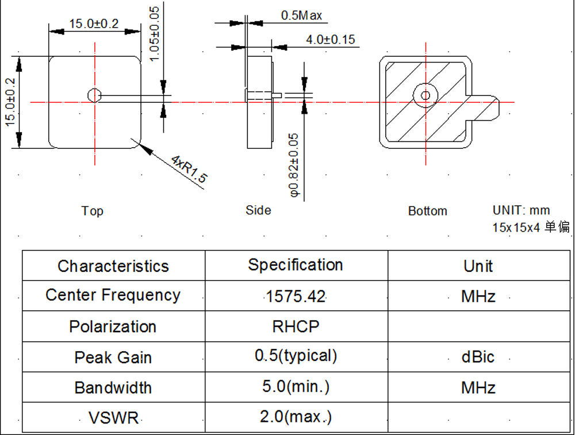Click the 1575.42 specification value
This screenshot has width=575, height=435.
296,297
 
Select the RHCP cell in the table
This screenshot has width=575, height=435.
296,326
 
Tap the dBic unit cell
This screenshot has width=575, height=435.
478,357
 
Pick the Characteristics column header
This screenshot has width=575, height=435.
113,266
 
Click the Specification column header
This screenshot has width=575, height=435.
296,265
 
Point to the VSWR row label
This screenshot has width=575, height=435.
113,417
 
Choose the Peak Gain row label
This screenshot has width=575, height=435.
113,357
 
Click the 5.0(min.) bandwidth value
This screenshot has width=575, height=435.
296,386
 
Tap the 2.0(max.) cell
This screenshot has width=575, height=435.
296,416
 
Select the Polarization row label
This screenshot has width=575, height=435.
113,326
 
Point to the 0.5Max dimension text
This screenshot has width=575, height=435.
301,16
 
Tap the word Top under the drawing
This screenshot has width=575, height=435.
92,211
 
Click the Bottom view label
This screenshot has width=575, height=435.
427,211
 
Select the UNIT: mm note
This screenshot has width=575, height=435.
521,210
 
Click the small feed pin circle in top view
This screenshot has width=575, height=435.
94,95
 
